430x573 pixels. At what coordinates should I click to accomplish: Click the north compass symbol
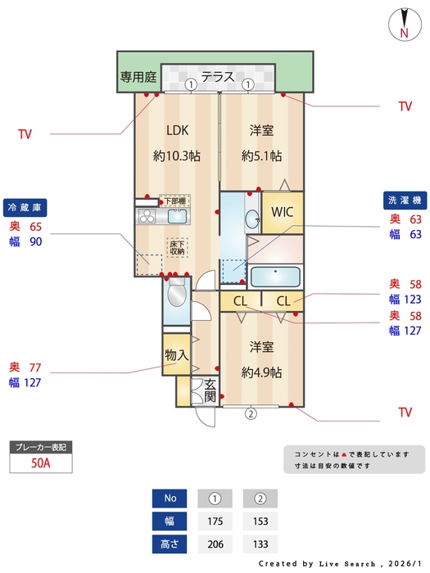point(404,23)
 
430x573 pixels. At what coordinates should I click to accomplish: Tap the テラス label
point(219,77)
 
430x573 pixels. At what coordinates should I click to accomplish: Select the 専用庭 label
point(138,78)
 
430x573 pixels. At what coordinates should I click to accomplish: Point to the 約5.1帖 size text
point(261,156)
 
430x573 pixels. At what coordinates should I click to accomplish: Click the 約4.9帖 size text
point(261,372)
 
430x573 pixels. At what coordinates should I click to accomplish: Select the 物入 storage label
point(176,355)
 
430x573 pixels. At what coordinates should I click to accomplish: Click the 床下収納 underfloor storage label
point(177,248)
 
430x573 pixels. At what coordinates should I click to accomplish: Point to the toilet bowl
point(176,295)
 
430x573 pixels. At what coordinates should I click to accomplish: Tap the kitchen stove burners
point(147,216)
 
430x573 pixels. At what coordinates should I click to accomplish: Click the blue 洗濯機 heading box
point(403,200)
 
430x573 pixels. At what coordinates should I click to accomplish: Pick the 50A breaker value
point(39,463)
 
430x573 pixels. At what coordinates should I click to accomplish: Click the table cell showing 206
point(215,544)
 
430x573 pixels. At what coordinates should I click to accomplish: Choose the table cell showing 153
point(260,521)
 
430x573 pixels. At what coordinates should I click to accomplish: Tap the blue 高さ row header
point(170,544)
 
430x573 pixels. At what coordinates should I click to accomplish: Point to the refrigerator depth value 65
point(36,226)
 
